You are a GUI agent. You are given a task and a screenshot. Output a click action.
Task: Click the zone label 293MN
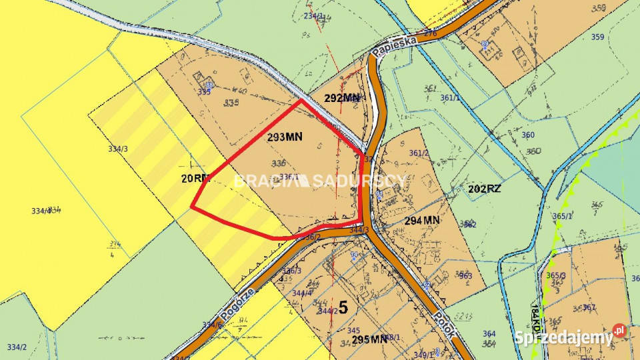[285, 137]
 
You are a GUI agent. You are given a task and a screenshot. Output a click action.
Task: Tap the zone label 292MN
[342, 97]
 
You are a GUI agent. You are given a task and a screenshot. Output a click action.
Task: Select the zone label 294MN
[422, 219]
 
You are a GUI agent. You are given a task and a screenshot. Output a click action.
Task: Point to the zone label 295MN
[369, 339]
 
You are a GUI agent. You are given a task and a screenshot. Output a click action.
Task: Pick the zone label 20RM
[195, 178]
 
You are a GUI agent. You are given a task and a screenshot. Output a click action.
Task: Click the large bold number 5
[343, 307]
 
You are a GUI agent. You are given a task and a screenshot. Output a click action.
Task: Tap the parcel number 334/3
[117, 149]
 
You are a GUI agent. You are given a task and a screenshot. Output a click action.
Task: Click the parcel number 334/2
[17, 347]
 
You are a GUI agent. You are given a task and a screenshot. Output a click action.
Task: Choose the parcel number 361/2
[418, 153]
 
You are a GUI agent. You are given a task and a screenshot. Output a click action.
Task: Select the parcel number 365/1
[563, 216]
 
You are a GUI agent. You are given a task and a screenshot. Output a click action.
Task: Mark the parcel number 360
[527, 135]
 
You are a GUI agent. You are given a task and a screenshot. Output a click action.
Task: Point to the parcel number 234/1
[313, 15]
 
